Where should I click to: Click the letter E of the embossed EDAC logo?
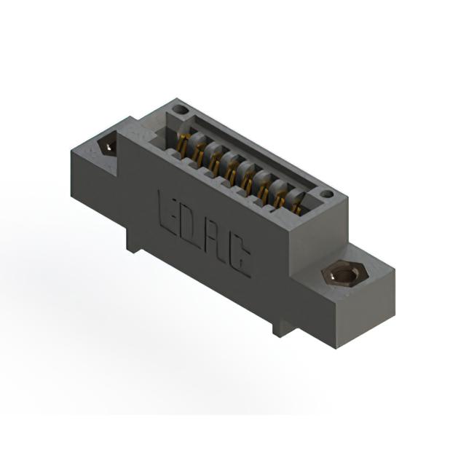[168, 212]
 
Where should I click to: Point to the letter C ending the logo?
[239, 256]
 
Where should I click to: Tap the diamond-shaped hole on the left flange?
[107, 145]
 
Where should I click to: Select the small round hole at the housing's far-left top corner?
[180, 111]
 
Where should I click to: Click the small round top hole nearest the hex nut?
[327, 194]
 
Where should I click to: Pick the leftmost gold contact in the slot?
[183, 143]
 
